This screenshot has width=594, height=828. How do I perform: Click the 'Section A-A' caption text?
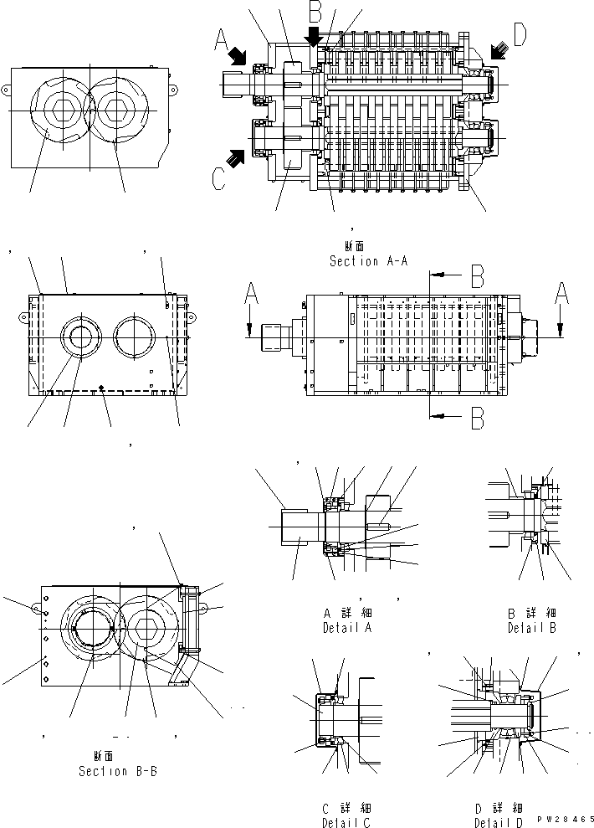368,261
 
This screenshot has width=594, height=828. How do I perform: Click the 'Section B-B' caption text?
117,771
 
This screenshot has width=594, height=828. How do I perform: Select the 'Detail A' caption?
347,627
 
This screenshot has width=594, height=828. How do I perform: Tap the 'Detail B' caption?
532,627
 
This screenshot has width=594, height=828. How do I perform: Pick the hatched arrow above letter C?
237,155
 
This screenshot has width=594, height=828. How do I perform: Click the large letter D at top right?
520,34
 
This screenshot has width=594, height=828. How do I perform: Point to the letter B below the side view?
476,417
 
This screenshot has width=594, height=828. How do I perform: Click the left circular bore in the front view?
82,337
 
